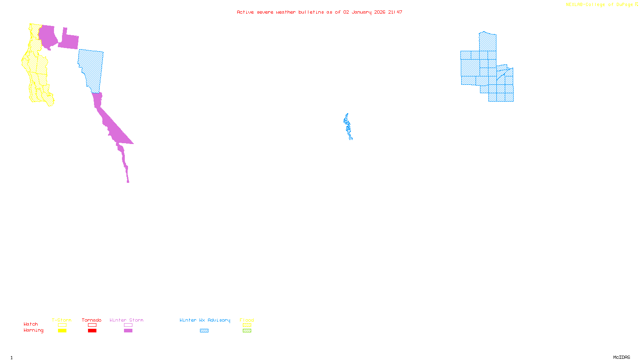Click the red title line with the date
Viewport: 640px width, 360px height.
tap(319, 12)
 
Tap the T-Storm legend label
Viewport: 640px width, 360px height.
tap(62, 320)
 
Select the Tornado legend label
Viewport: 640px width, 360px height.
tap(92, 320)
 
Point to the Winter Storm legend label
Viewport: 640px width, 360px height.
tap(126, 320)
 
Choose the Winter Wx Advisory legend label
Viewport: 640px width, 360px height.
tap(205, 320)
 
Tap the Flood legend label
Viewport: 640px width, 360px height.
tap(247, 320)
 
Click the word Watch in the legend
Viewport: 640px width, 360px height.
tap(31, 324)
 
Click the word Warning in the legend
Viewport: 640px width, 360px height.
tap(34, 330)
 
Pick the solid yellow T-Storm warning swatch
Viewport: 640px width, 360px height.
tap(62, 331)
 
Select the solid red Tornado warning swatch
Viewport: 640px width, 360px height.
tap(92, 331)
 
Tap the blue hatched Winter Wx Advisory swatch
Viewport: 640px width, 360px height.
tap(204, 331)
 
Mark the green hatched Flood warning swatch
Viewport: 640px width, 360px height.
tap(247, 331)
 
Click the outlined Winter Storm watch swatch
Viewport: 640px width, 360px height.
tap(128, 325)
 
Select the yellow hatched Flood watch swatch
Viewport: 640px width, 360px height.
tap(247, 325)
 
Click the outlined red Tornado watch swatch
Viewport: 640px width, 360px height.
tap(92, 325)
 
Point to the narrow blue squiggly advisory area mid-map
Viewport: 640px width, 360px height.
tap(348, 126)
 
